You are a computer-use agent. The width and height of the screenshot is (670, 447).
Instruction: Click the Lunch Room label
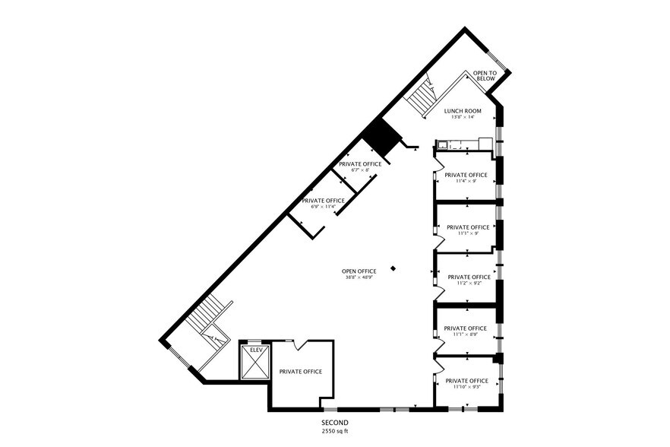click(463, 111)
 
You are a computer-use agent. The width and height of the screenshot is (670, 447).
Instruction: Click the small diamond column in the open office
click(393, 268)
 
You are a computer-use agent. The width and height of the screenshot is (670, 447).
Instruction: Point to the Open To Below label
click(484, 75)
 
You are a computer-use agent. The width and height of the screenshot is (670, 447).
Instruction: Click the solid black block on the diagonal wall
click(380, 137)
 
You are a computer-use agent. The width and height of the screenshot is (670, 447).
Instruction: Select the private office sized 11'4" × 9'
click(466, 178)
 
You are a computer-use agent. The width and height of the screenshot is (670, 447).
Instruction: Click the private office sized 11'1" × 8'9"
click(466, 331)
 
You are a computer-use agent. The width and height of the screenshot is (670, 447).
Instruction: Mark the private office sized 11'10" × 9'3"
click(466, 383)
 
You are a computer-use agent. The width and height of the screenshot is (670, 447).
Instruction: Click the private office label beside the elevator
click(300, 372)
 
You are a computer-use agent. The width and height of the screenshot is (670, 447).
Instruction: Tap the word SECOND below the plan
click(334, 423)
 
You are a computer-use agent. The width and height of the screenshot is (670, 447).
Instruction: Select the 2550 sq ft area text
click(334, 431)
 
